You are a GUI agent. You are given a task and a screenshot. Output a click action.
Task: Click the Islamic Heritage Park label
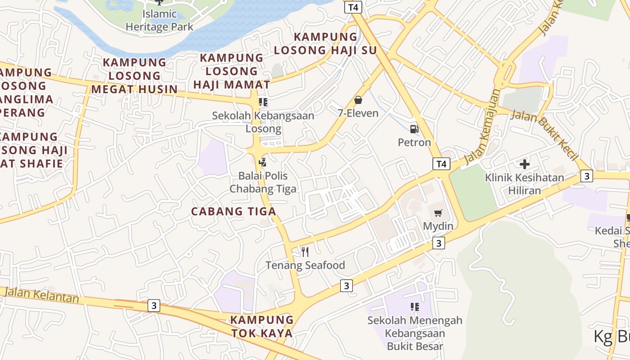click(x=159, y=20)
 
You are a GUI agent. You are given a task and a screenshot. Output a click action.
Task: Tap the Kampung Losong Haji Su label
click(x=325, y=44)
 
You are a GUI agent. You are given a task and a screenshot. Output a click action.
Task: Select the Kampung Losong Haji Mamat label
click(x=232, y=71)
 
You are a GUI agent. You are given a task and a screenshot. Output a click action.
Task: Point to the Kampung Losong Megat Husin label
click(x=135, y=76)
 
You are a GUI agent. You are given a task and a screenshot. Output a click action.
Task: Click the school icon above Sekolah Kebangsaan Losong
click(x=263, y=102)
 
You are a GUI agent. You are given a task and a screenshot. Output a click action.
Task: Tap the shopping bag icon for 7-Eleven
click(x=358, y=100)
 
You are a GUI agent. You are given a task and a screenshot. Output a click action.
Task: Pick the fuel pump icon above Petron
click(x=414, y=129)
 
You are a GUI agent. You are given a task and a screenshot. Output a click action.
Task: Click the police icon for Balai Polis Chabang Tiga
click(x=263, y=162)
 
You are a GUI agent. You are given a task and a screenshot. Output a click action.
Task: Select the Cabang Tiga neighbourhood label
click(x=234, y=211)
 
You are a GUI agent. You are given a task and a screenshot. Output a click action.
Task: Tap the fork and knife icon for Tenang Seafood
click(x=305, y=252)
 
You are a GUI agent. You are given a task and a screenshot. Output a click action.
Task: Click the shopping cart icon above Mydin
click(x=438, y=213)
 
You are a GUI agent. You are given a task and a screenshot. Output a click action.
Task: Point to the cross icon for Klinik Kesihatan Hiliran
click(x=524, y=164)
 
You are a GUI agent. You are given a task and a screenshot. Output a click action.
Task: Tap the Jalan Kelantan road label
click(x=41, y=295)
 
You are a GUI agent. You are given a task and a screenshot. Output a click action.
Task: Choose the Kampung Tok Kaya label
click(x=262, y=327)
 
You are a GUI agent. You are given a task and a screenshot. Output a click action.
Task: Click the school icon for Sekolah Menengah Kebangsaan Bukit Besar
click(x=414, y=307)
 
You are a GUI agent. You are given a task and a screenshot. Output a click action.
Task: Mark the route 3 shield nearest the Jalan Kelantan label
click(x=154, y=306)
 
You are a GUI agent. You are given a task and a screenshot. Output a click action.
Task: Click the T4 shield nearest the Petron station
click(x=441, y=164)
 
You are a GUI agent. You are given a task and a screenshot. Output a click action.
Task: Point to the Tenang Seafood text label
click(x=305, y=265)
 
